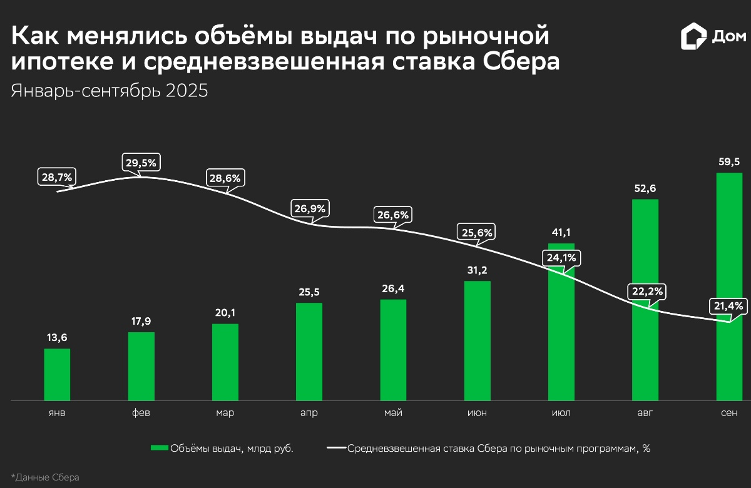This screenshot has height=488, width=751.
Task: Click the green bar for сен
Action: pos(728,288)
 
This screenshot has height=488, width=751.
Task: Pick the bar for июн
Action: pos(477,341)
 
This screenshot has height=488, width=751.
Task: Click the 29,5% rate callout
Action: pos(141,163)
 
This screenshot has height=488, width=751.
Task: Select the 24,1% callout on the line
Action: pos(561,258)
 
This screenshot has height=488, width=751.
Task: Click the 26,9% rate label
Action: pos(310,208)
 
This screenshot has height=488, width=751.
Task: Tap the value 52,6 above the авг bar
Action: pos(645,188)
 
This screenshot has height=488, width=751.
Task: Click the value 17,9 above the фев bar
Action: pos(141,321)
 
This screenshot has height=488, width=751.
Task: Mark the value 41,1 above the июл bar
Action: pos(561,232)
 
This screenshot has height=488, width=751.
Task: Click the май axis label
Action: pos(393,413)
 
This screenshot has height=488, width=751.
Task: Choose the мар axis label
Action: pos(225,413)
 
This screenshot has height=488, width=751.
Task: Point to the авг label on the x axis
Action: pos(645,413)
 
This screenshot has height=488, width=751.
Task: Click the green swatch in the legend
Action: pos(160,448)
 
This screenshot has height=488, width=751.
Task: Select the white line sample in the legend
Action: pos(337,448)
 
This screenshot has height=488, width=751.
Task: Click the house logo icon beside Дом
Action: pos(693,36)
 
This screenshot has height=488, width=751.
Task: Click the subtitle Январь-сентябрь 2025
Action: pos(110,91)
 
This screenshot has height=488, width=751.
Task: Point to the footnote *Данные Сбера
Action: pos(45,477)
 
